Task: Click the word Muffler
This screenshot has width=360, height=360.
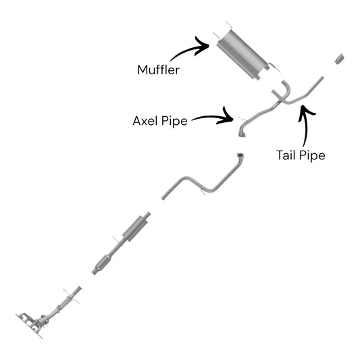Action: click(x=158, y=70)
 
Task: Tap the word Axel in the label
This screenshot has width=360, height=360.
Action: click(x=145, y=121)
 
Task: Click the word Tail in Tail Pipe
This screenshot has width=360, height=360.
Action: click(x=287, y=155)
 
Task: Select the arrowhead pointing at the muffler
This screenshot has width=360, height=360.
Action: click(x=201, y=46)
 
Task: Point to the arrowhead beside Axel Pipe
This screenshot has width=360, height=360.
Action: click(x=226, y=116)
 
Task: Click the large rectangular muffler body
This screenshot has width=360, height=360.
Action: click(x=242, y=55)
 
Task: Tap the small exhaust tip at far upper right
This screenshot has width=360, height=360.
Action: click(x=339, y=59)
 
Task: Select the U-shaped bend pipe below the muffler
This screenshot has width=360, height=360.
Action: click(x=284, y=91)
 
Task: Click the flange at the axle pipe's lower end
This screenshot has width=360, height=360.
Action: click(x=242, y=134)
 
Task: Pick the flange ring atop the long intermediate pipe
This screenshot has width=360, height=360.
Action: click(x=240, y=155)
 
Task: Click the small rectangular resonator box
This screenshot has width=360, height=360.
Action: click(x=136, y=228)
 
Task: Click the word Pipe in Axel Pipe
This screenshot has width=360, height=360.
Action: click(x=174, y=121)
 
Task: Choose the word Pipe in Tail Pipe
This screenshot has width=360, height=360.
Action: click(x=313, y=155)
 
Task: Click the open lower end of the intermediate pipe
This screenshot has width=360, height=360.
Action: click(x=163, y=197)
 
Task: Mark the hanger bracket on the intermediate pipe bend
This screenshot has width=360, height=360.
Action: click(x=203, y=192)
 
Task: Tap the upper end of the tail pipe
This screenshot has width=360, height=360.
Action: click(x=322, y=78)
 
